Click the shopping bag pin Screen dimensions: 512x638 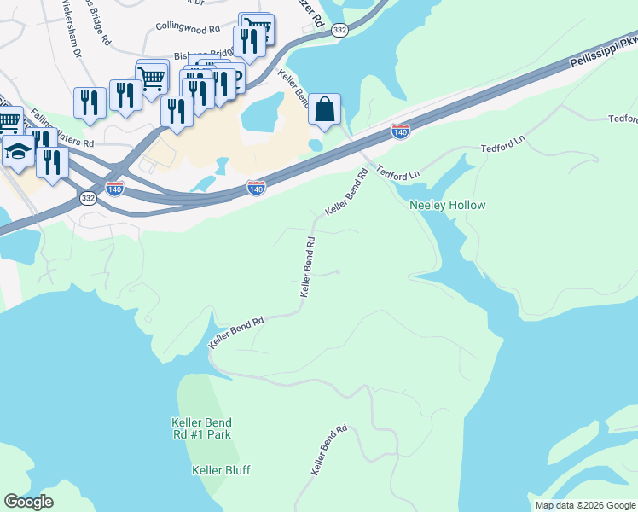324,110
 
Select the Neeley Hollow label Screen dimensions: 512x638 447,205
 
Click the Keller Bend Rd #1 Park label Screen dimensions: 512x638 201,428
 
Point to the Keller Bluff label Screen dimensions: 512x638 221,470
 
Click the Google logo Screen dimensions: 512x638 29,501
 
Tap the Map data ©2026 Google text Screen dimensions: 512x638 584,505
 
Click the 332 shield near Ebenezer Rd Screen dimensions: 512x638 340,30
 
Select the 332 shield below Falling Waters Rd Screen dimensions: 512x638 89,197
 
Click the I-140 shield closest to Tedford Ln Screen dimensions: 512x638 399,131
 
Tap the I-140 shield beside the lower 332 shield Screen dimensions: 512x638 115,187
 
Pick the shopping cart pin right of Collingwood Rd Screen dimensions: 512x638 258,27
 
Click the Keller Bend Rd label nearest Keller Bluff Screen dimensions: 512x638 328,450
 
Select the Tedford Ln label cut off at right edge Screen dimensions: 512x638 623,119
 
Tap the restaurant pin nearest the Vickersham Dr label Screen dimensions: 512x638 90,102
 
